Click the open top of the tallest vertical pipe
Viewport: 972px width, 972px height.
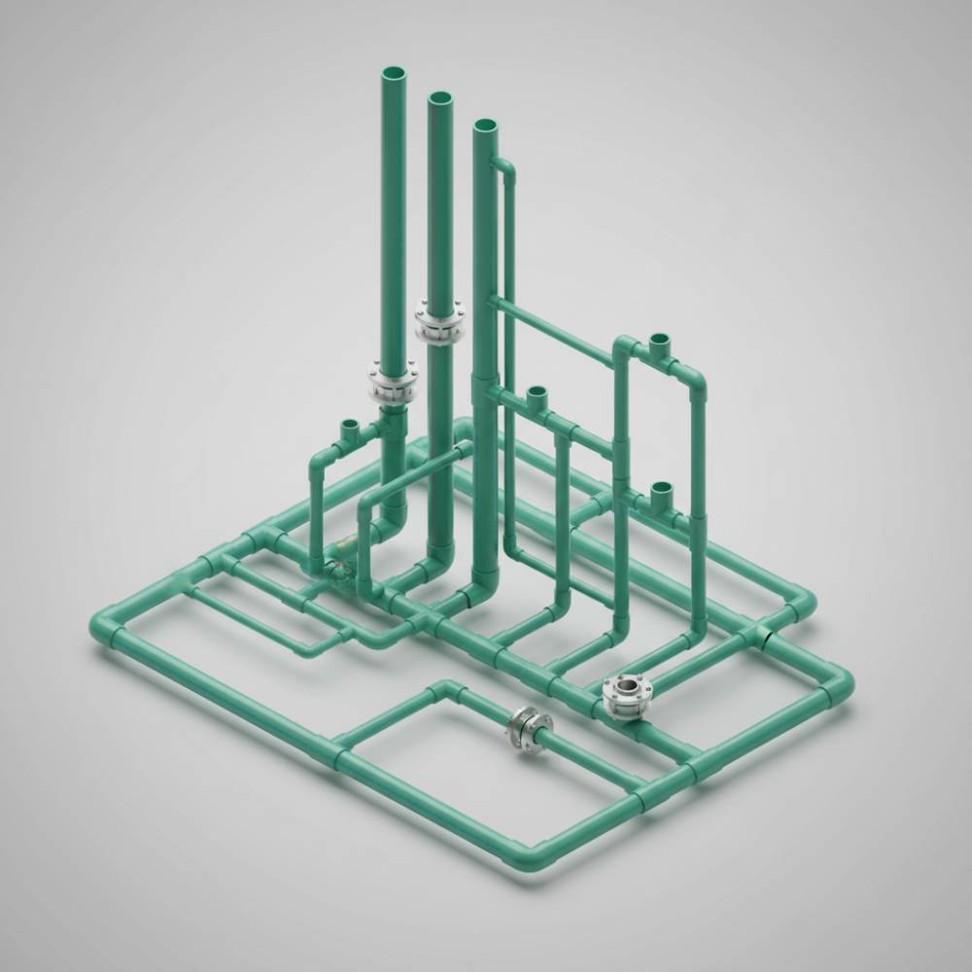pyautogui.click(x=396, y=74)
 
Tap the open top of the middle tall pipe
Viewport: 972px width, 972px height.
pyautogui.click(x=439, y=99)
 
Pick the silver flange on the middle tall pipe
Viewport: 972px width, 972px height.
pyautogui.click(x=439, y=323)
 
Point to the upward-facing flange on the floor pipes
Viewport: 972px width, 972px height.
pyautogui.click(x=622, y=693)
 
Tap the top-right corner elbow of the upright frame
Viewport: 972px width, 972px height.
pyautogui.click(x=696, y=380)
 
